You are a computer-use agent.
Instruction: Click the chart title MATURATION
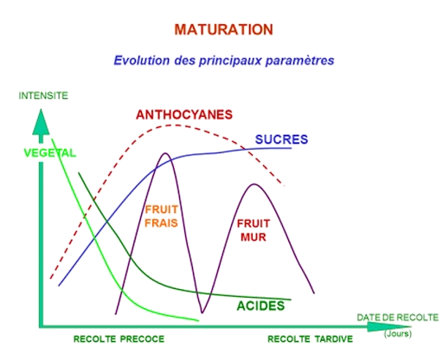224,29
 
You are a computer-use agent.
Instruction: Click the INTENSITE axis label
43,95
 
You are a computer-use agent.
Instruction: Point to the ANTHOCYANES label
184,115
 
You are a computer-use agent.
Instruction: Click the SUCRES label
281,139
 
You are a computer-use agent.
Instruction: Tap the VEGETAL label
49,152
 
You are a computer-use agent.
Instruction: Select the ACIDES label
260,305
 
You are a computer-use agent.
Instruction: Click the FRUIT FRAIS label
161,216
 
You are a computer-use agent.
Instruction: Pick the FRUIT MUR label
254,230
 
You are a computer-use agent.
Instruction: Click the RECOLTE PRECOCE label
119,339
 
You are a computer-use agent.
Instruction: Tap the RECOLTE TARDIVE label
311,339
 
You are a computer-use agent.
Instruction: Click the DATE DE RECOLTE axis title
398,318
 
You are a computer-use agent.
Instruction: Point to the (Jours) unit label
398,334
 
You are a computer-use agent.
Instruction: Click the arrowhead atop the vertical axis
41,123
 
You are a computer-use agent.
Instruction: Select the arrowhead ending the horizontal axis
389,327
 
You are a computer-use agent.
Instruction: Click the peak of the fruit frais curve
165,153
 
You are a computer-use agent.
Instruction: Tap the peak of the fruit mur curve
254,184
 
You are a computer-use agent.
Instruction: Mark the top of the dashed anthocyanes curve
176,125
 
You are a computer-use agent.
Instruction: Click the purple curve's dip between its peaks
202,312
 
